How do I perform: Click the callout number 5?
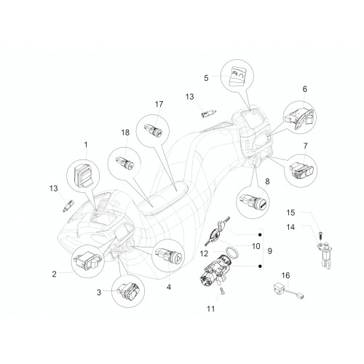pos(206,78)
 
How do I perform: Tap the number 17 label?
pos(159,104)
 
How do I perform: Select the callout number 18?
pos(125,132)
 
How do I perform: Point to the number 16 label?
pos(285,275)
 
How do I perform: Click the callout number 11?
pos(210,309)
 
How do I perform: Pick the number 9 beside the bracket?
pos(269,251)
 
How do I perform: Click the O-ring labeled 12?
pos(232,253)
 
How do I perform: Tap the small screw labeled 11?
pos(222,291)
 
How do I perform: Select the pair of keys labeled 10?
pos(216,231)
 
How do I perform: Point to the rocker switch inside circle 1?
pos(84,173)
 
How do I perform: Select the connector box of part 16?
pos(279,288)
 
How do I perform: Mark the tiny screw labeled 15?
pos(320,234)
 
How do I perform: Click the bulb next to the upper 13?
pos(208,113)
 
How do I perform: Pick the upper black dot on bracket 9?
pos(260,235)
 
